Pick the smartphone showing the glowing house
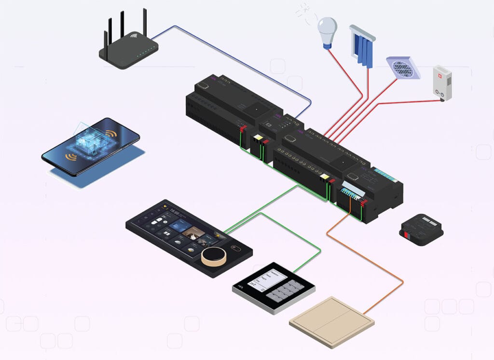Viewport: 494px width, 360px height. pyautogui.click(x=90, y=146)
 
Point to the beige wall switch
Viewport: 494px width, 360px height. pyautogui.click(x=331, y=321)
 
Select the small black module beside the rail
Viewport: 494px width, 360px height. pyautogui.click(x=421, y=229)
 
